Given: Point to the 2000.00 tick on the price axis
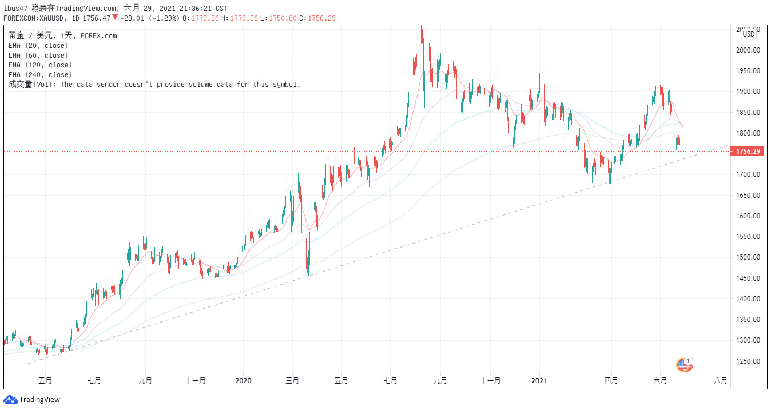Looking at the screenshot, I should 748,50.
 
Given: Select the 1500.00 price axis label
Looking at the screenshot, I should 748,257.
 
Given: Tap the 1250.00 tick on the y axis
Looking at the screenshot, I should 748,361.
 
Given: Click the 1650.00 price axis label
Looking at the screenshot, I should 748,196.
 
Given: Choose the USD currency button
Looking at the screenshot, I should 749,34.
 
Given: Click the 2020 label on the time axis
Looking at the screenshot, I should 244,380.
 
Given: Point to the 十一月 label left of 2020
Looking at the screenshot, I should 196,380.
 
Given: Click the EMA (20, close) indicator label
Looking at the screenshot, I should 38,46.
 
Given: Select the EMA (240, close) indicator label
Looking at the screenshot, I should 40,75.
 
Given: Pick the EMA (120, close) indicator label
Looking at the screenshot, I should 40,65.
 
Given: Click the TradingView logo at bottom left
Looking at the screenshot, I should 32,400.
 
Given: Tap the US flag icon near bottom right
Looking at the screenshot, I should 684,364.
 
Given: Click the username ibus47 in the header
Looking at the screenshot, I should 16,9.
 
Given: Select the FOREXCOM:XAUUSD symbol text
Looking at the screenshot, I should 35,18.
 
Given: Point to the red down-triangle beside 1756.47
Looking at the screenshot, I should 115,18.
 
